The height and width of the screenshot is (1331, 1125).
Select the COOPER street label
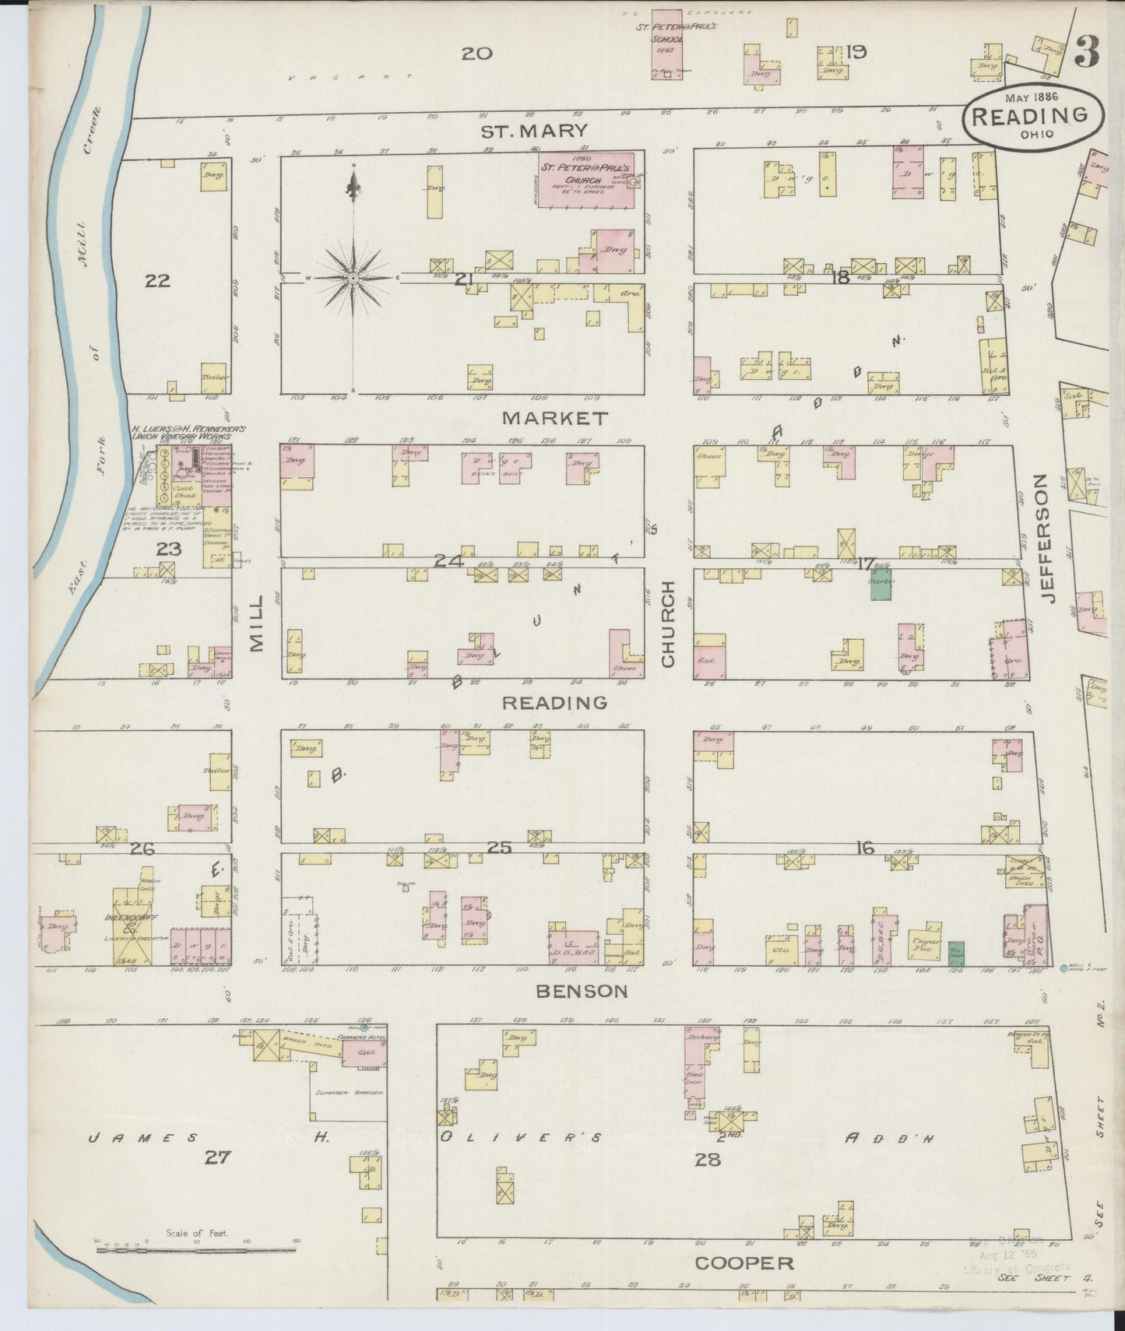click(x=744, y=1263)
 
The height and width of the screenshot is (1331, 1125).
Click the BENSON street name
click(x=582, y=991)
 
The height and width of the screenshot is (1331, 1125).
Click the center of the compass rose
click(x=353, y=277)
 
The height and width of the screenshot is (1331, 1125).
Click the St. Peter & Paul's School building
click(x=668, y=44)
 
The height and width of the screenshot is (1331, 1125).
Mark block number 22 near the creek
click(x=157, y=281)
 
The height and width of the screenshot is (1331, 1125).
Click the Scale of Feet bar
click(x=196, y=1250)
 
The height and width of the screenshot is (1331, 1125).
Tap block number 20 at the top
click(x=476, y=54)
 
